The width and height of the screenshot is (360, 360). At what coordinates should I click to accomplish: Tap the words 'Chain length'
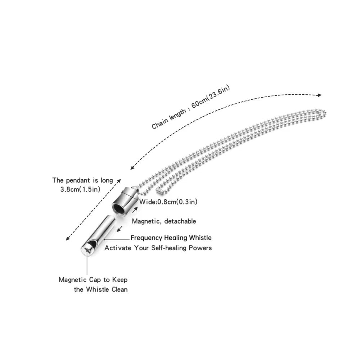pyautogui.click(x=169, y=119)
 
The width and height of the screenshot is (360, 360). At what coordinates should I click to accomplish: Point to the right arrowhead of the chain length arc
pyautogui.click(x=319, y=95)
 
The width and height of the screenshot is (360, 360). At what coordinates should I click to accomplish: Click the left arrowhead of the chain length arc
pyautogui.click(x=132, y=168)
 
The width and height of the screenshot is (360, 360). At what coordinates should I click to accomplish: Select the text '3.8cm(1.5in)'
pyautogui.click(x=80, y=190)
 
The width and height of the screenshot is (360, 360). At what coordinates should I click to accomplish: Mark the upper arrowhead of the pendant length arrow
pyautogui.click(x=119, y=181)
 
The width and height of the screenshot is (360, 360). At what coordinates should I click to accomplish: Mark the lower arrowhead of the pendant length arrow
pyautogui.click(x=68, y=239)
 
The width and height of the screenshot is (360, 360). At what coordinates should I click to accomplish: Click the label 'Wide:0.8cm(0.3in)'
pyautogui.click(x=168, y=202)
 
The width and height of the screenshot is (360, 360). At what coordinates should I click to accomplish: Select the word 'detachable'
pyautogui.click(x=180, y=221)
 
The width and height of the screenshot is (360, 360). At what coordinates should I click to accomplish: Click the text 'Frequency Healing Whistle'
pyautogui.click(x=171, y=238)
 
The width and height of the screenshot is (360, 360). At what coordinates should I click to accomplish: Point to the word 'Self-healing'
pyautogui.click(x=169, y=248)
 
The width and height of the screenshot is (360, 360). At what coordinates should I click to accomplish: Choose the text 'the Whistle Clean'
pyautogui.click(x=101, y=289)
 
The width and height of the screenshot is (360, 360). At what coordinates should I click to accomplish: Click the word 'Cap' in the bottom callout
pyautogui.click(x=95, y=280)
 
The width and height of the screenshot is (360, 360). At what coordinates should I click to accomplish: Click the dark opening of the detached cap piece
pyautogui.click(x=118, y=208)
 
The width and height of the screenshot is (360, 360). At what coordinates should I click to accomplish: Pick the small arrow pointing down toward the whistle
pyautogui.click(x=120, y=229)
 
